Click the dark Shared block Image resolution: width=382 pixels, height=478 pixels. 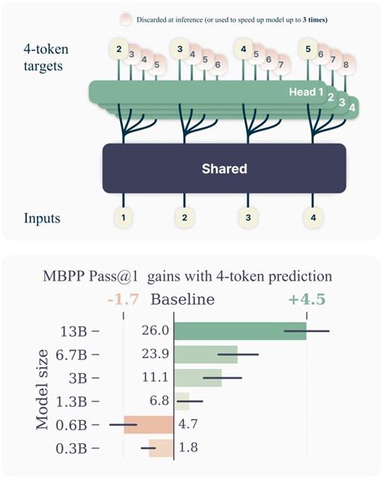click(x=225, y=170)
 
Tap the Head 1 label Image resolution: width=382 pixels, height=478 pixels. click(x=306, y=93)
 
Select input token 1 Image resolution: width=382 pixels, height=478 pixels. click(x=123, y=217)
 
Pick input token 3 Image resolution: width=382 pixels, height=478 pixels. click(x=248, y=217)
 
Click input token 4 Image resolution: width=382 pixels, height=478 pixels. click(x=311, y=217)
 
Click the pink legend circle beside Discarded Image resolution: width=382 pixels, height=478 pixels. click(x=126, y=19)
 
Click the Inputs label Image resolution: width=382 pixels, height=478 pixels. click(x=41, y=218)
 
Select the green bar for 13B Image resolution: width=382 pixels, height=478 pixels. click(x=240, y=330)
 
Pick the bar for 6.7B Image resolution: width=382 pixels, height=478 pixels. click(x=206, y=354)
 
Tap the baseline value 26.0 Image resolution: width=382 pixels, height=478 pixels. click(x=156, y=330)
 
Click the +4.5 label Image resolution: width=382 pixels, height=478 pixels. click(x=308, y=300)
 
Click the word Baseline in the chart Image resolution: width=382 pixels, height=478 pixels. click(x=184, y=300)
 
